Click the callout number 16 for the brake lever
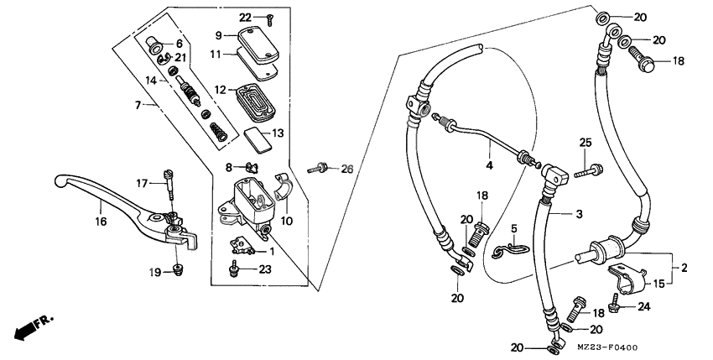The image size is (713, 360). pos(101,223)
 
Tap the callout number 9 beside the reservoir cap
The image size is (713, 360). pos(218,35)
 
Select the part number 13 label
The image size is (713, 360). pos(278,132)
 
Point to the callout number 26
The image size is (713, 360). pos(347,170)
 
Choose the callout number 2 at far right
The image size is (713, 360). pos(684,268)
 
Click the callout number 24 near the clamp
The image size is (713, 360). pos(643,305)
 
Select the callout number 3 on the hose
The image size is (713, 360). pos(579,215)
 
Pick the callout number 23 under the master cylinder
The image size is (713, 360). pos(266,269)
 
